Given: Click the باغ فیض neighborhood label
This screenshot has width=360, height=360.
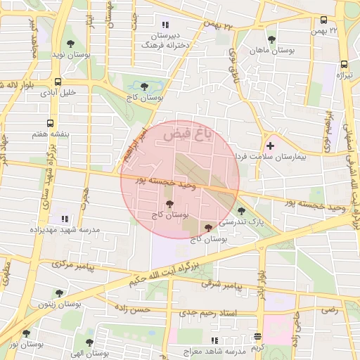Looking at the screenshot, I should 186,132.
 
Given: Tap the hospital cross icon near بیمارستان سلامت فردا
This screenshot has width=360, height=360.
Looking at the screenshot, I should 270,145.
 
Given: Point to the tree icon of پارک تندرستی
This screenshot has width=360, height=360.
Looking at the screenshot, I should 241,211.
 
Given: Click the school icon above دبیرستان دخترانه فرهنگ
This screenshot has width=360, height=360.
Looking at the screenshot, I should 165,25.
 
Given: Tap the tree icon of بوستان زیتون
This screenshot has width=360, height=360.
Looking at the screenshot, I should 58,295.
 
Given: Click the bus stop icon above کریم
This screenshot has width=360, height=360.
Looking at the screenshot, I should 258,337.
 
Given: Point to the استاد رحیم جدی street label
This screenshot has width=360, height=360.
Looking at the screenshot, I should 208,311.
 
